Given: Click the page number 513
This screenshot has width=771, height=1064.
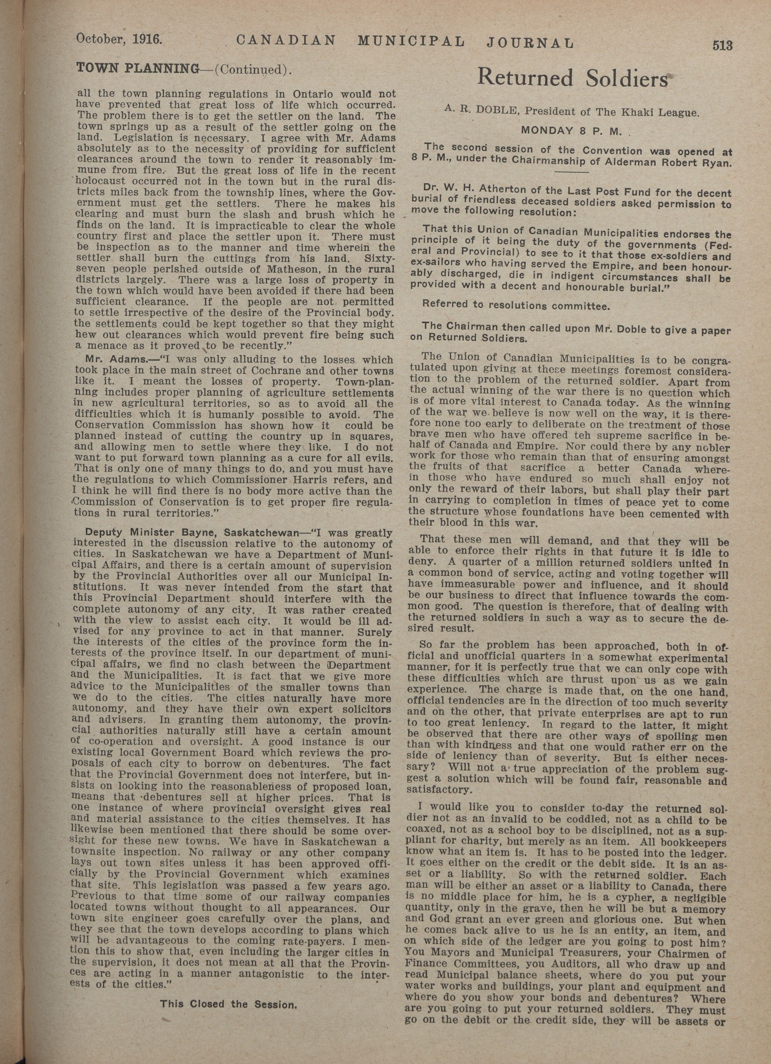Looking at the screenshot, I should click(722, 45).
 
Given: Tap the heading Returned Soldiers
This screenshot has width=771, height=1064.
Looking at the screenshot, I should click(572, 78).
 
